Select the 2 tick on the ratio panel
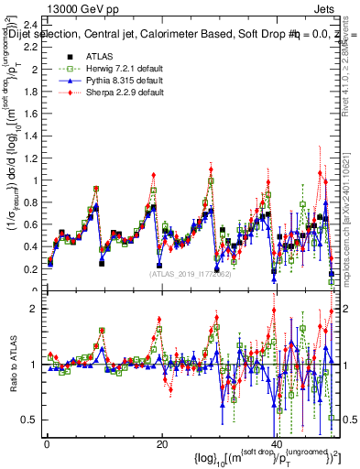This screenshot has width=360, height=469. tap(35, 309)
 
